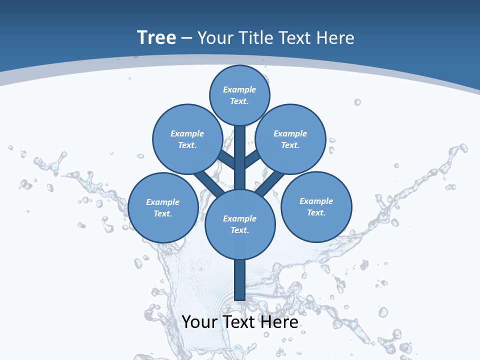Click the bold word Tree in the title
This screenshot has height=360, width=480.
point(156,37)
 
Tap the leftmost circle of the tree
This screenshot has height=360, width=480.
point(163,207)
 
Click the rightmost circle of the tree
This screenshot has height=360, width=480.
point(316,206)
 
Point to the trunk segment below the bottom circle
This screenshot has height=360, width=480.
point(240,280)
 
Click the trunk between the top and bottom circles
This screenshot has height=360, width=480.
point(240,157)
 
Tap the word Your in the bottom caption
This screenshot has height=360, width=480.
point(199,322)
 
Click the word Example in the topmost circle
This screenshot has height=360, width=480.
point(239,89)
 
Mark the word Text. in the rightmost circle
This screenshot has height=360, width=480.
point(316,212)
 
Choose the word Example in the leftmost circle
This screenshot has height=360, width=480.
point(162,202)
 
